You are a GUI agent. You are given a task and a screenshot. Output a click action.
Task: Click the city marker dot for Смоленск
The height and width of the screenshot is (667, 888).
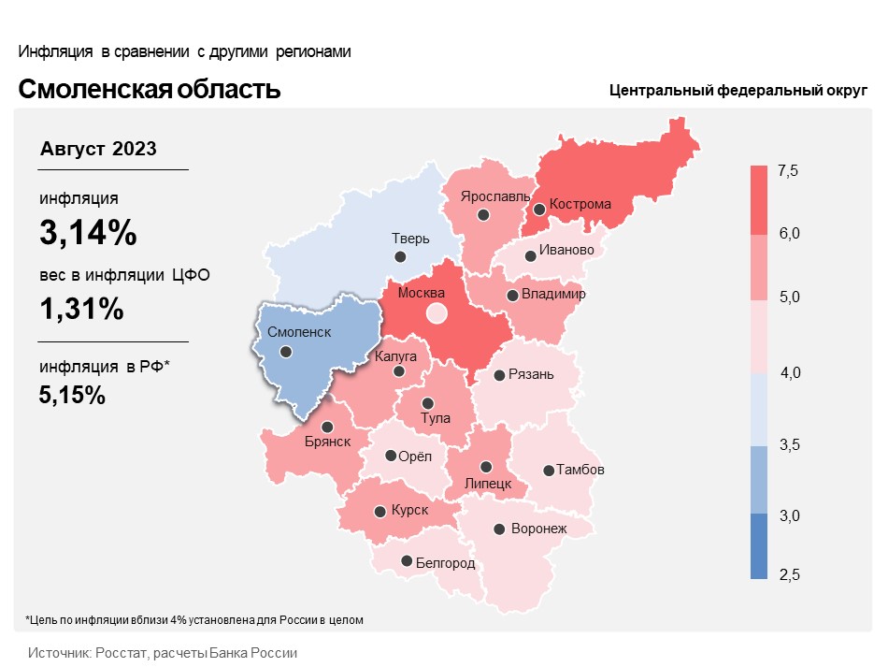click(x=286, y=352)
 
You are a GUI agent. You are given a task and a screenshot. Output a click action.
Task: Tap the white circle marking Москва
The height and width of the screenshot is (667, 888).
click(x=437, y=312)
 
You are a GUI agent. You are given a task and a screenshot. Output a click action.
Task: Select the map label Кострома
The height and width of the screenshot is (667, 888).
click(x=580, y=204)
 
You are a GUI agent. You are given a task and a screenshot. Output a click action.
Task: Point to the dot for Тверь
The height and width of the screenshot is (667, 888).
click(x=400, y=256)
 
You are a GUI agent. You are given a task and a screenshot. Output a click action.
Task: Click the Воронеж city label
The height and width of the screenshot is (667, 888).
click(x=538, y=529)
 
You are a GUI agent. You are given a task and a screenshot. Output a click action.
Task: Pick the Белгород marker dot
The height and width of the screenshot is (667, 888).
click(x=407, y=561)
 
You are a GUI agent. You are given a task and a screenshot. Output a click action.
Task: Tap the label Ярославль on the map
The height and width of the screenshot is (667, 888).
click(x=495, y=196)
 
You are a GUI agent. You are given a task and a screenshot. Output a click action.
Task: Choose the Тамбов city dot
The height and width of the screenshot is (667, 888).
click(x=548, y=471)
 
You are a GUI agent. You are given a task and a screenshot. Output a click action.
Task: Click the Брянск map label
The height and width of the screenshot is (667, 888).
click(x=327, y=442)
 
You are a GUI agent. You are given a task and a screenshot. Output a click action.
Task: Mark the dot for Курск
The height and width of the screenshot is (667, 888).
click(x=380, y=512)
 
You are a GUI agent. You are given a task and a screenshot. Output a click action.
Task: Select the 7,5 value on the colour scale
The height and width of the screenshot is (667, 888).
click(x=788, y=170)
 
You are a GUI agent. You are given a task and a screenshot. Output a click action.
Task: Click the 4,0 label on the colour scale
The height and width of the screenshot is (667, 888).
click(x=790, y=372)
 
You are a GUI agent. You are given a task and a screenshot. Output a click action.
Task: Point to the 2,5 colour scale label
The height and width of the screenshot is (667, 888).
click(x=790, y=574)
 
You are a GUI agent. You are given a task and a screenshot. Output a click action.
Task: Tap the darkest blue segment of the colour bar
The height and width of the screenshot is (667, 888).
click(x=759, y=546)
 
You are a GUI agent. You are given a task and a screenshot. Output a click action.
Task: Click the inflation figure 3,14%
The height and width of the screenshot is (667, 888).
click(x=89, y=232)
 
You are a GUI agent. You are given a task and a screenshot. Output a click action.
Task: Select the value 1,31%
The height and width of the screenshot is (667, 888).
click(x=81, y=309)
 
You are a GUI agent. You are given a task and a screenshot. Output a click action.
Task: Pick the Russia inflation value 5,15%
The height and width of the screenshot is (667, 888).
click(x=72, y=395)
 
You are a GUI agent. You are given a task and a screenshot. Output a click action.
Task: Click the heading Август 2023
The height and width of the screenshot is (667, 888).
click(x=98, y=149)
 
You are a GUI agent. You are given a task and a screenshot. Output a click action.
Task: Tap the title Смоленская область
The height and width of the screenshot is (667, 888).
click(x=149, y=89)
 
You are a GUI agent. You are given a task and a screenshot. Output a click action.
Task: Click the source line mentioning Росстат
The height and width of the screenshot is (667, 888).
click(x=163, y=653)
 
